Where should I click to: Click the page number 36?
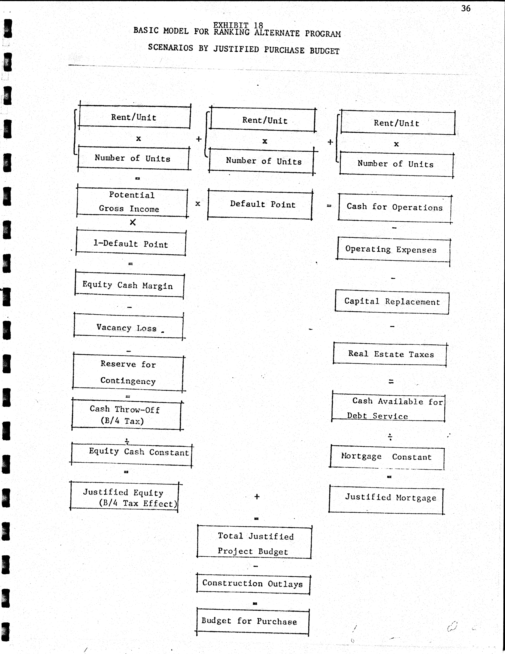pos(466,8)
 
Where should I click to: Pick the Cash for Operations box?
pos(395,208)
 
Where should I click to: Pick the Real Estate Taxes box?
pos(390,354)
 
